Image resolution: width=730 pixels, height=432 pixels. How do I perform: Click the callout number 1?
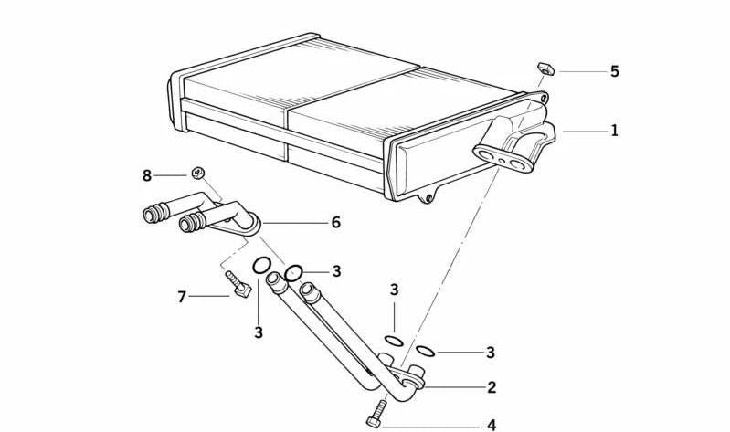pos(615,131)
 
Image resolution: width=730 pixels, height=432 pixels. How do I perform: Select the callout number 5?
pos(615,71)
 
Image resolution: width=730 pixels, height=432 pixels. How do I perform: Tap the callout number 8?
pos(147,176)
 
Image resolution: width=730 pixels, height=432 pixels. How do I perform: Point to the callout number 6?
pos(335,223)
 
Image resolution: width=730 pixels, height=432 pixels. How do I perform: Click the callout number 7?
pos(182,297)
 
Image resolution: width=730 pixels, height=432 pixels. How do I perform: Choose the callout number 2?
pos(492,387)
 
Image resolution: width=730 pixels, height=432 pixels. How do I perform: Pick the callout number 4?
pos(492,425)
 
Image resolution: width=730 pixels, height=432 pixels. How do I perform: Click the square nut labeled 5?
pos(546,68)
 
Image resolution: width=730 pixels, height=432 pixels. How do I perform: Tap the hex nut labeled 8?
pos(197,174)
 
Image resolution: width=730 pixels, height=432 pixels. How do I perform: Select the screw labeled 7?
pos(238,284)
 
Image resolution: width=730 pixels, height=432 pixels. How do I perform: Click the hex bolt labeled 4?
pos(377,414)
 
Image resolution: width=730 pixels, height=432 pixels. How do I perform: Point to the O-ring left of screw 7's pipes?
pos(261,266)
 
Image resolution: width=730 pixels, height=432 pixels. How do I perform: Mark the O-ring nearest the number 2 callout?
pos(425,351)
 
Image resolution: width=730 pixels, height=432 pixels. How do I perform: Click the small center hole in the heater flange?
pos(503,162)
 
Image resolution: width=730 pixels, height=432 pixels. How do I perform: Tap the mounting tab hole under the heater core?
pos(428,199)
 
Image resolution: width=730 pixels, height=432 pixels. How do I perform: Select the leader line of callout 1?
pos(586,132)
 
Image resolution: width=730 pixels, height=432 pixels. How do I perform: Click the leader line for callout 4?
pos(430,426)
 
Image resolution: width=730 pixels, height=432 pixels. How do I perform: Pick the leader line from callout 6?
pos(295,224)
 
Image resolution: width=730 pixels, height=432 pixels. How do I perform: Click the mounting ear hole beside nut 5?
pos(544,98)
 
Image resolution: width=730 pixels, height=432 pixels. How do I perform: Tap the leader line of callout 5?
pos(584,71)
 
